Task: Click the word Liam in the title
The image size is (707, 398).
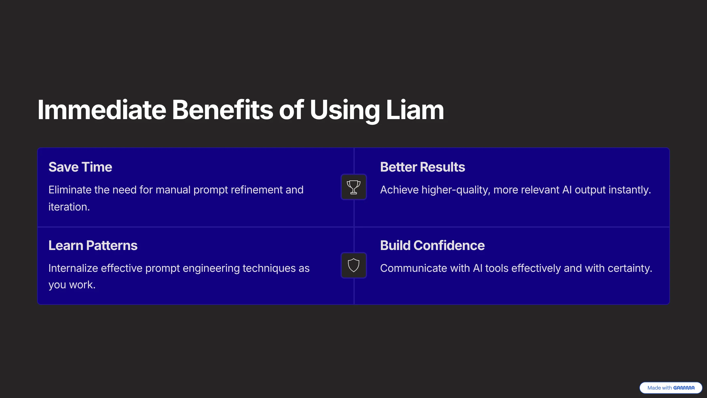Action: click(x=415, y=110)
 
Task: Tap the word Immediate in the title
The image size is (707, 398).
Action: click(x=102, y=110)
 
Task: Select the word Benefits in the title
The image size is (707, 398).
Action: click(x=223, y=110)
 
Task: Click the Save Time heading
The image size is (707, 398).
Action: click(x=80, y=167)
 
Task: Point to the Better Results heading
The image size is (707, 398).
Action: click(x=422, y=167)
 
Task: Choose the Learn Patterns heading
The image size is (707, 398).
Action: click(x=93, y=245)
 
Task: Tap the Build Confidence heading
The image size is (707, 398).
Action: click(x=432, y=245)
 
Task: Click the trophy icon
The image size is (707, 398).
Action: click(x=353, y=187)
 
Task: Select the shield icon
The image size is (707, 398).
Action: click(x=353, y=265)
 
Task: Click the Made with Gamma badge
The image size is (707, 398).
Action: click(x=671, y=388)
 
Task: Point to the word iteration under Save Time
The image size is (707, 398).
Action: click(x=69, y=207)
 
